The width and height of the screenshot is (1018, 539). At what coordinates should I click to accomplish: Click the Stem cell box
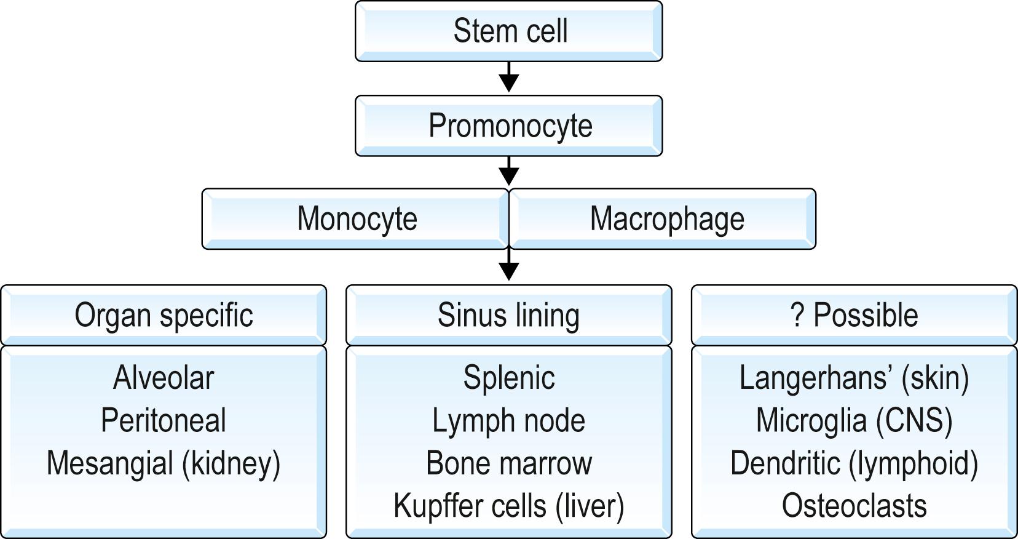click(509, 31)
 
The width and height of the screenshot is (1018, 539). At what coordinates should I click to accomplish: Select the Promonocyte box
click(509, 126)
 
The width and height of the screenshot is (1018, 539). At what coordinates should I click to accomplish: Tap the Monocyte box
click(356, 219)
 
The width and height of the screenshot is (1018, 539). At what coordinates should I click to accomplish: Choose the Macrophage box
click(666, 219)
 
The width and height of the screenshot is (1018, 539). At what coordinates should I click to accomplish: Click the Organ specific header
click(164, 315)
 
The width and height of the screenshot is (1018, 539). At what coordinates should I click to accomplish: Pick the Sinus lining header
click(509, 315)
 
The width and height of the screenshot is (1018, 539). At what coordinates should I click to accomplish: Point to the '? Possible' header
click(854, 315)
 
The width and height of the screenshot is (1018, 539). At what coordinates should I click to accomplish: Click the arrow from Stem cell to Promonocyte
click(509, 78)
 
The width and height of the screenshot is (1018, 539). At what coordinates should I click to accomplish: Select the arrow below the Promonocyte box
click(509, 172)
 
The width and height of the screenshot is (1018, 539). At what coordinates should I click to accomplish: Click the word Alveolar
click(164, 378)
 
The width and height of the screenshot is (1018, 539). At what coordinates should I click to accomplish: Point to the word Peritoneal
click(164, 421)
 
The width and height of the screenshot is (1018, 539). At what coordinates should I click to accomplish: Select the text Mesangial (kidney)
click(164, 463)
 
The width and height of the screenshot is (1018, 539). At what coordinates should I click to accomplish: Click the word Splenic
click(509, 378)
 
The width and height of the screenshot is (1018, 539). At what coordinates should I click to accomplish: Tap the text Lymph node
click(509, 421)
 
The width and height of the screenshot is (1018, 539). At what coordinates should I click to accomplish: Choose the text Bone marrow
click(509, 463)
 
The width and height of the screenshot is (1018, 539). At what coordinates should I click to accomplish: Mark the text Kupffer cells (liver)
click(509, 506)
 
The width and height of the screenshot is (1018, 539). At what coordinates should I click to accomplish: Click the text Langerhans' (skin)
click(854, 378)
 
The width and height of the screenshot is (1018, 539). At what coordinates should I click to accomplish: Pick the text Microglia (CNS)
click(854, 421)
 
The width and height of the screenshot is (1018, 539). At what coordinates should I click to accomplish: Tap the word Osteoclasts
click(854, 506)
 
